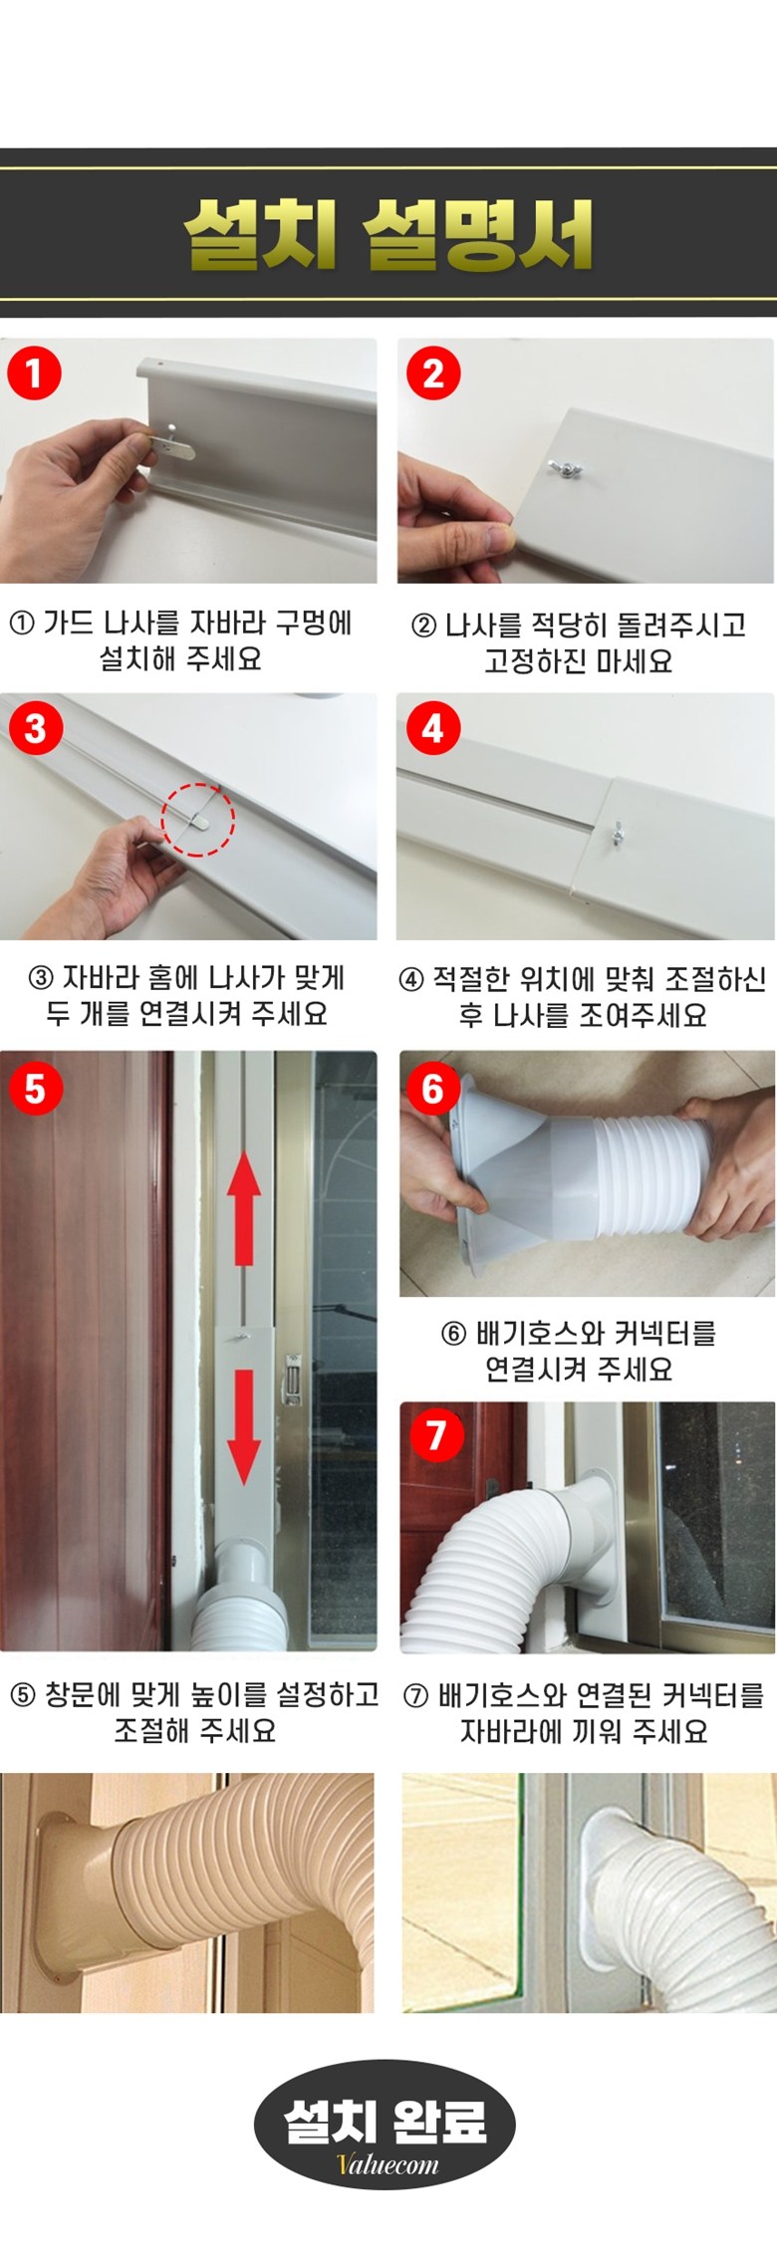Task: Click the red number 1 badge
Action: (35, 374)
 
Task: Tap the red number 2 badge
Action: (433, 374)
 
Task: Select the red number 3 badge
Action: (35, 728)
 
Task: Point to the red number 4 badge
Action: (433, 728)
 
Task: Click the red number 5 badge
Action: (35, 1088)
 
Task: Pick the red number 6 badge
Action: (433, 1088)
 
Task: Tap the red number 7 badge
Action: (435, 1435)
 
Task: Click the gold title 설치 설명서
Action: (388, 235)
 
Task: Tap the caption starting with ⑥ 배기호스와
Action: (579, 1351)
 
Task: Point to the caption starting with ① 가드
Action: (180, 640)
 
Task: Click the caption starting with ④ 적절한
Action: (583, 997)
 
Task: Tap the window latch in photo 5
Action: (291, 1377)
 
